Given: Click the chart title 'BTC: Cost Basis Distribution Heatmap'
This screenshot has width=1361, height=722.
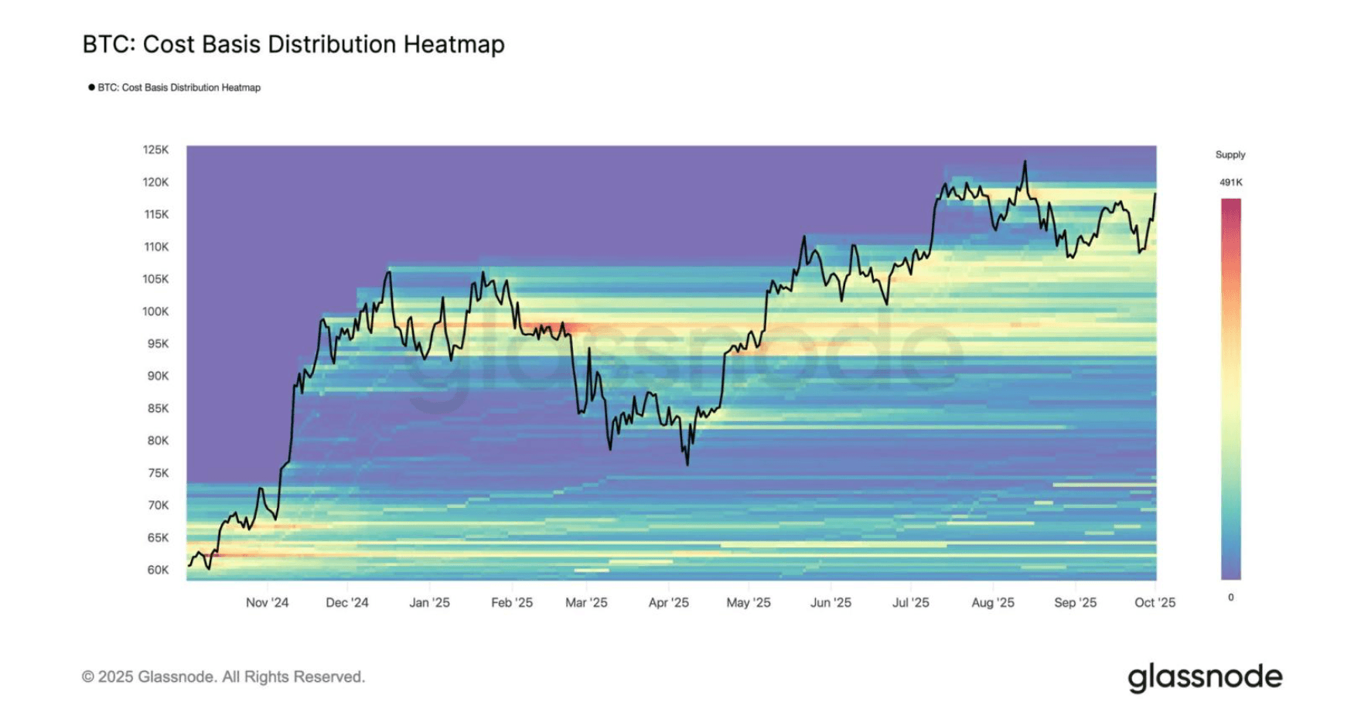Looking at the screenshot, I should (x=293, y=44).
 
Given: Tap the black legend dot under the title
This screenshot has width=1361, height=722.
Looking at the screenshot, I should (x=91, y=87).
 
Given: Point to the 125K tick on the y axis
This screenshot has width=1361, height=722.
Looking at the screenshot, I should (x=155, y=150).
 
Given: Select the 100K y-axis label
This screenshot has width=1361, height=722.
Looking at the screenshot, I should (x=155, y=312).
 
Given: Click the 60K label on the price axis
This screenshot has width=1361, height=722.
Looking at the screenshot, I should (x=158, y=570).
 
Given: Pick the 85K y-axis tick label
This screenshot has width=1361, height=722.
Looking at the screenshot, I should (x=158, y=408).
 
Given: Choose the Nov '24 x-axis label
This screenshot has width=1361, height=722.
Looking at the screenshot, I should (x=267, y=603).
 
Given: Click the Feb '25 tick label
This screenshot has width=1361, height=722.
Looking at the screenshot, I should (x=511, y=603).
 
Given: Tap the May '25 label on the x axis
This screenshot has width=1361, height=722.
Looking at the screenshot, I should (x=748, y=603).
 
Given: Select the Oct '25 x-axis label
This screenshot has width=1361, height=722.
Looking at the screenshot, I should (x=1155, y=603).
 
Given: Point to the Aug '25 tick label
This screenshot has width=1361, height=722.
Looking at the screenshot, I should (x=992, y=603).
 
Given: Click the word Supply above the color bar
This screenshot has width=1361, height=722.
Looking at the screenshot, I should (x=1230, y=155).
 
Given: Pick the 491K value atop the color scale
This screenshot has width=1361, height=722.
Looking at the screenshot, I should (x=1230, y=182).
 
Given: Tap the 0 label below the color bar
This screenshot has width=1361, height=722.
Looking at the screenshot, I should (x=1230, y=598).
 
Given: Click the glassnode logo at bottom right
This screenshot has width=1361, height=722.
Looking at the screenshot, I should (x=1204, y=678).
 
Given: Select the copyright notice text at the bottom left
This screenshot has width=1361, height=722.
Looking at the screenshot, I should (x=223, y=677).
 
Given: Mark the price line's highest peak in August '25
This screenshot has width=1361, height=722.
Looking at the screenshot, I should (x=1025, y=162).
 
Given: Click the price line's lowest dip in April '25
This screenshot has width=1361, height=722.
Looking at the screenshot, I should (x=687, y=465).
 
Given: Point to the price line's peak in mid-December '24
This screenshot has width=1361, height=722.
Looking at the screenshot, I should (x=389, y=272).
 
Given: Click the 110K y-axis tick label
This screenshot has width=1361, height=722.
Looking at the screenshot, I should (x=155, y=247).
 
